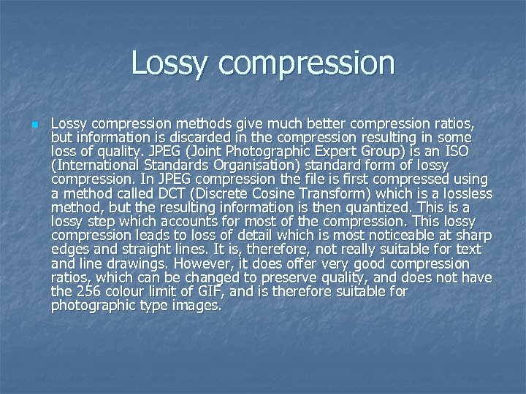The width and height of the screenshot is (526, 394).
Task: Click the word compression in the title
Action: (306, 64)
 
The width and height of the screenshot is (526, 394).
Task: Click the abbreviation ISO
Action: (478, 151)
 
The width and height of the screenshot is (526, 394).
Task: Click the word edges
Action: (69, 250)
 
